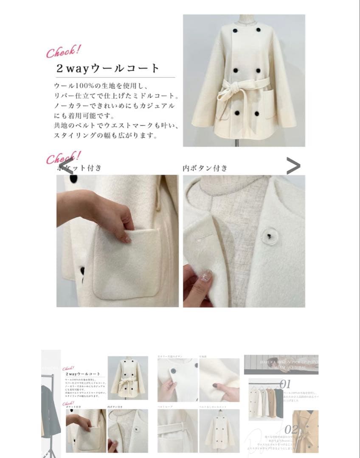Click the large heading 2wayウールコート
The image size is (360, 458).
pyautogui.click(x=108, y=68)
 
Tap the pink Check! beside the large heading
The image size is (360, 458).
pyautogui.click(x=63, y=52)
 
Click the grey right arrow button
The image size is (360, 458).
pyautogui.click(x=293, y=166)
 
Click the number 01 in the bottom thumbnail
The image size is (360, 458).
pyautogui.click(x=285, y=385)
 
